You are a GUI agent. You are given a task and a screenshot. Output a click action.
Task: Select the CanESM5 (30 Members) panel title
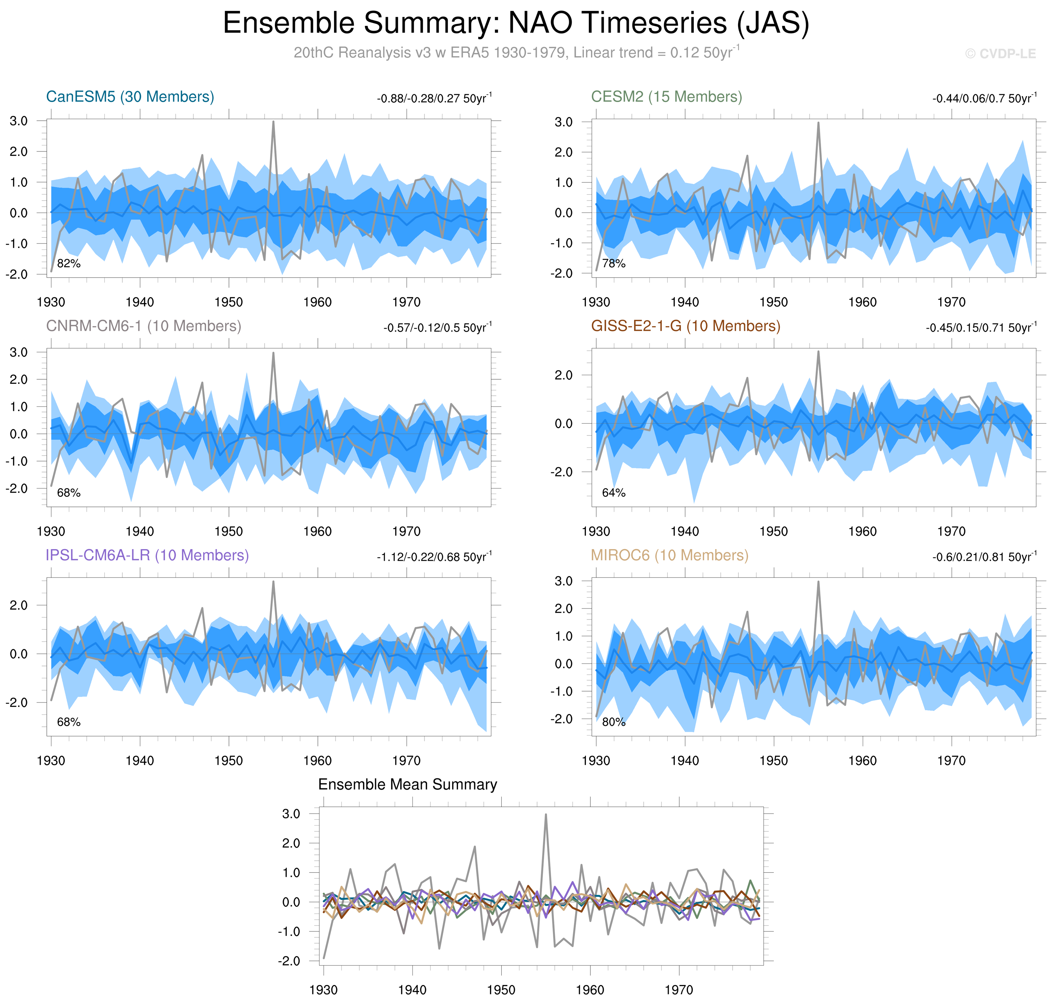[130, 97]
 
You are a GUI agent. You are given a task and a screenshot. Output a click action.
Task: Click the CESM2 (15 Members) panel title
[666, 97]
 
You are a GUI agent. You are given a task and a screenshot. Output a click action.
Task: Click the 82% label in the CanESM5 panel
[68, 263]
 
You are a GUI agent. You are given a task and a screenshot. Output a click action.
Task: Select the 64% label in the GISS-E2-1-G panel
[614, 493]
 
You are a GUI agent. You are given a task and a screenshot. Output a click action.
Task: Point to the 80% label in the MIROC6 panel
[614, 722]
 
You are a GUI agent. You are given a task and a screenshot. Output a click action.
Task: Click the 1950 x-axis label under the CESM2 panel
[773, 302]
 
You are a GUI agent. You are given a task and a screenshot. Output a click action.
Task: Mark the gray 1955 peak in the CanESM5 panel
[273, 122]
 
